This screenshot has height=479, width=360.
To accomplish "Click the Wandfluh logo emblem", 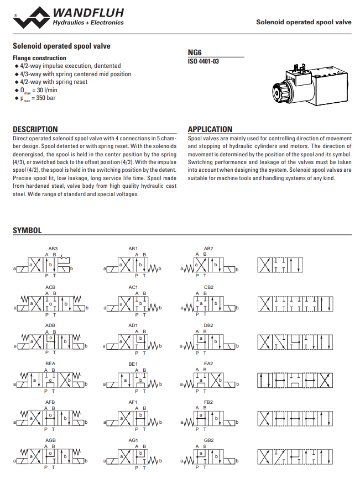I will click(30, 17).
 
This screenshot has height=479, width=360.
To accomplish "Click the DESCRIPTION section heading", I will click(35, 129).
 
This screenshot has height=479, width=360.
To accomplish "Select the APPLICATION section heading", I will click(210, 129).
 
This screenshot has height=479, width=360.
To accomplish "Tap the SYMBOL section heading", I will click(27, 230).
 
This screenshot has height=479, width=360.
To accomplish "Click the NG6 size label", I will click(194, 53).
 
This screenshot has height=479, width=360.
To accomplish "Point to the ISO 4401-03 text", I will click(204, 61).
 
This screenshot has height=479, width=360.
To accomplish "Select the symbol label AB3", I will click(53, 249).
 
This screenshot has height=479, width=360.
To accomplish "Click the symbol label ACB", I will click(50, 287).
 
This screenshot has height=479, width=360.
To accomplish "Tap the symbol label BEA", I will click(50, 364).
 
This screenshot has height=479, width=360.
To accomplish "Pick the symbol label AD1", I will click(133, 325).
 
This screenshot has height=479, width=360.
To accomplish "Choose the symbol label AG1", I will click(133, 440).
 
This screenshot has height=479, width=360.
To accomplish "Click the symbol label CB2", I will click(208, 287).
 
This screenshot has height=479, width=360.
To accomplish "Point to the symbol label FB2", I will click(208, 402).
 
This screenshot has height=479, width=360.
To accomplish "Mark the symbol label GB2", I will click(208, 440).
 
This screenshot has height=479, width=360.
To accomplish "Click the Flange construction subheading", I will click(39, 58).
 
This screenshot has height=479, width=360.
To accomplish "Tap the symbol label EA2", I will click(208, 364).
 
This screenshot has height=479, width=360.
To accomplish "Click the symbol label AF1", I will click(133, 402).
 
